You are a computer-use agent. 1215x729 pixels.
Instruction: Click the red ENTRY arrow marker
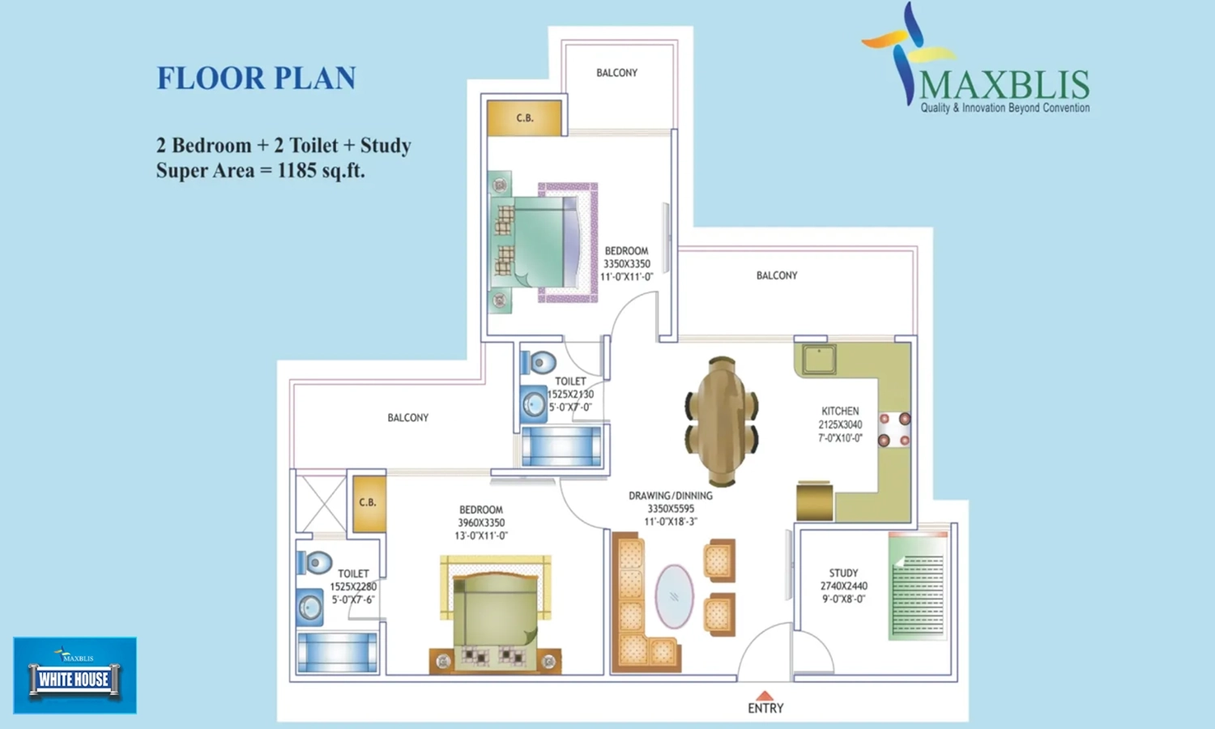point(765,695)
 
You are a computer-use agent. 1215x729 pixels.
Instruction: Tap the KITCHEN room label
point(840,411)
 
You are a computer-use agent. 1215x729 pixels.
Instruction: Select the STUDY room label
point(843,573)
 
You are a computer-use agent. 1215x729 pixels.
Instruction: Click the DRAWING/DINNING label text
point(671,496)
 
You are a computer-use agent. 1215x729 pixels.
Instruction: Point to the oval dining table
point(722,421)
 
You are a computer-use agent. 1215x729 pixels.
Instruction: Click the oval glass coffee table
point(674,596)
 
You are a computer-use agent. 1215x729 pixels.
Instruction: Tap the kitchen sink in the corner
point(819,359)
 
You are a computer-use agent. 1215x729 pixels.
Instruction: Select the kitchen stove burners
point(894,429)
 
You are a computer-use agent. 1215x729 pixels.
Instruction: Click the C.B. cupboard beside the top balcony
point(524,117)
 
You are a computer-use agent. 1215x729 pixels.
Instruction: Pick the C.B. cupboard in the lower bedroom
point(369,503)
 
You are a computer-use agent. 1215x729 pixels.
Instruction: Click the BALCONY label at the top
point(616,73)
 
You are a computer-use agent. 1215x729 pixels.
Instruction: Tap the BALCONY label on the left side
point(408,418)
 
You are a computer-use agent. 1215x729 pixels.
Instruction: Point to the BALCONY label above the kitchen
point(777,275)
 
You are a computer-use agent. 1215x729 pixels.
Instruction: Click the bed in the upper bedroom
point(543,242)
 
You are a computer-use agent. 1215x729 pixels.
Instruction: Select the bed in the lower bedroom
point(495,615)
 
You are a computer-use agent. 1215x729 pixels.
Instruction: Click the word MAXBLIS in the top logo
point(1004,85)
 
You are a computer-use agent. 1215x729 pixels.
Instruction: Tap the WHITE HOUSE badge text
point(74,680)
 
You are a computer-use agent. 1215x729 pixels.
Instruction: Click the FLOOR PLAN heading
point(257,78)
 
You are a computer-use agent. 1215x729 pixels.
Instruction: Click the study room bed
point(918,586)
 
